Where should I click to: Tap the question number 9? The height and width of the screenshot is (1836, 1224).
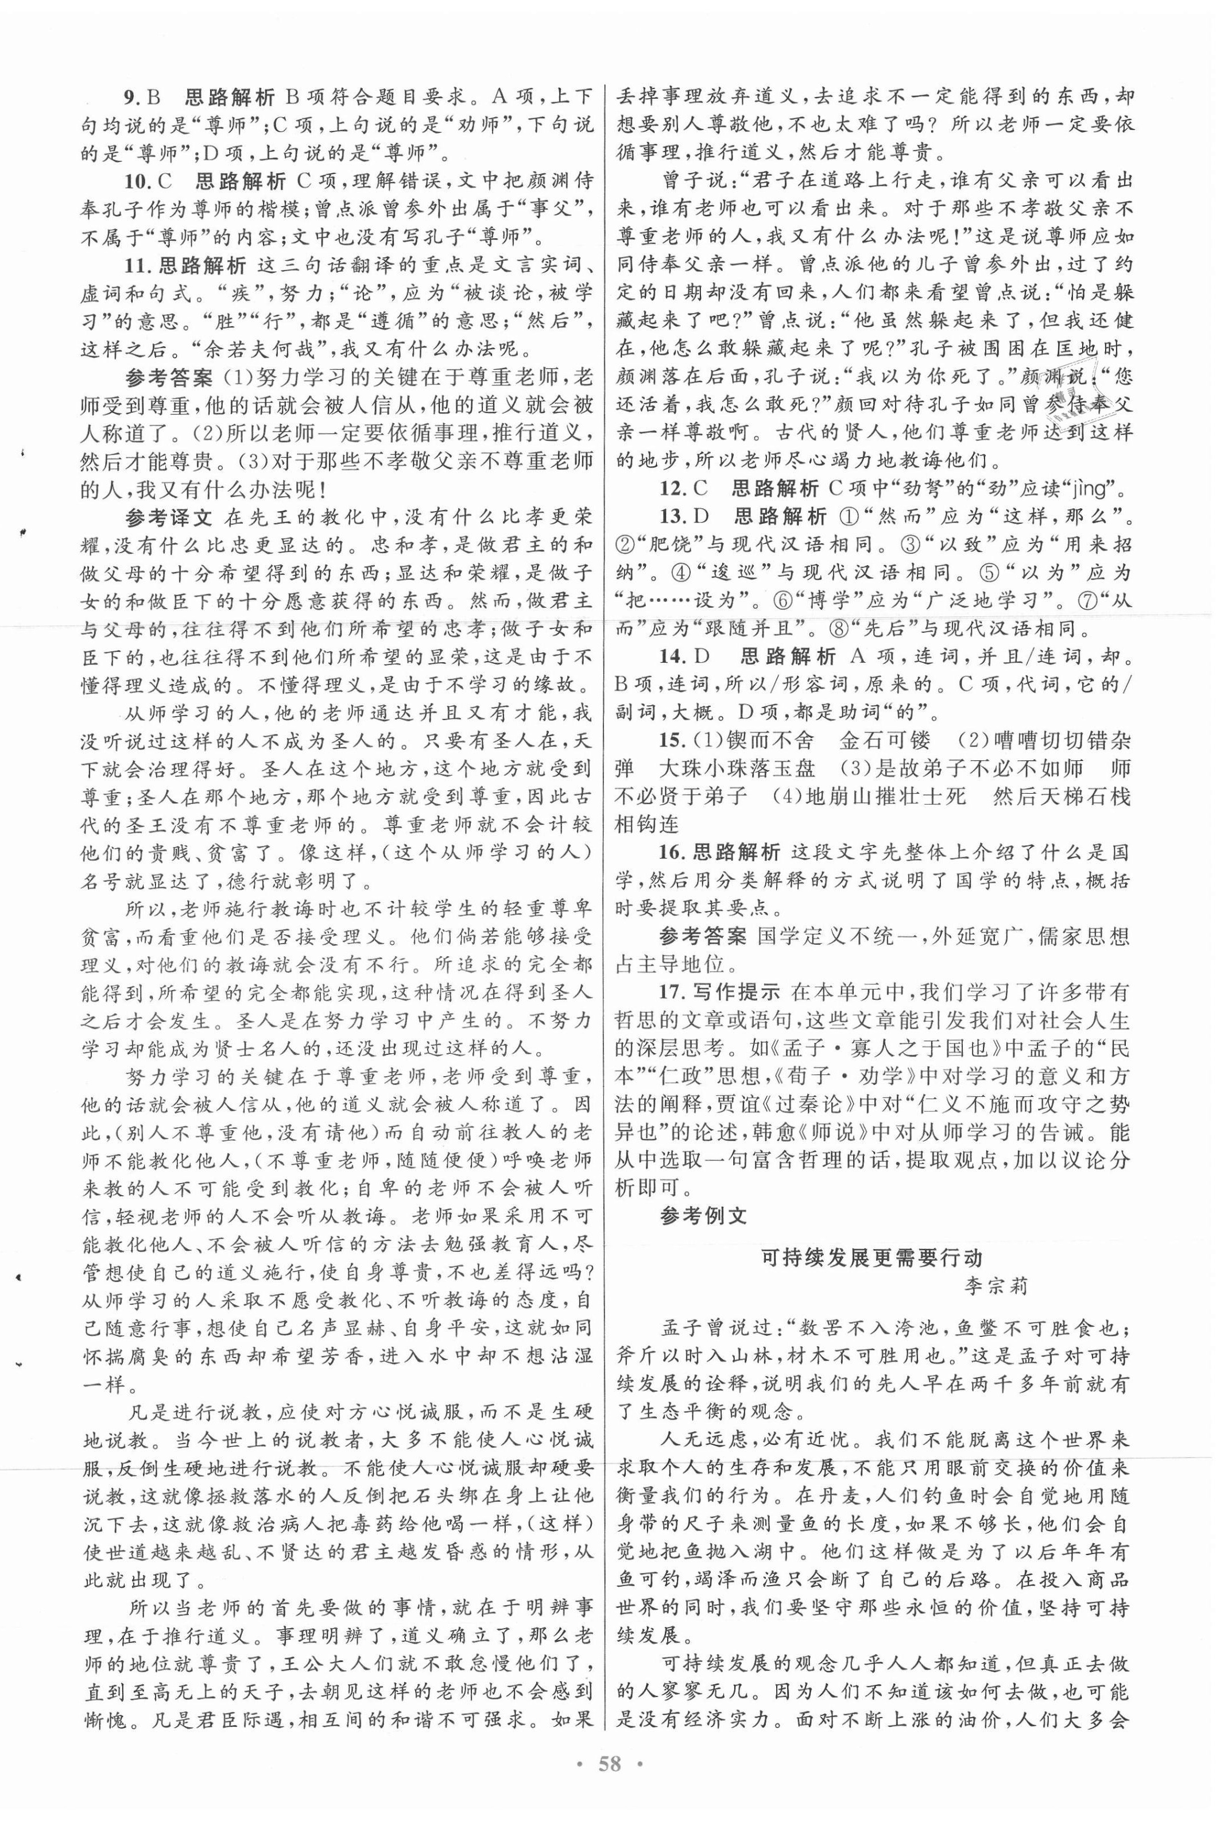pyautogui.click(x=131, y=98)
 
